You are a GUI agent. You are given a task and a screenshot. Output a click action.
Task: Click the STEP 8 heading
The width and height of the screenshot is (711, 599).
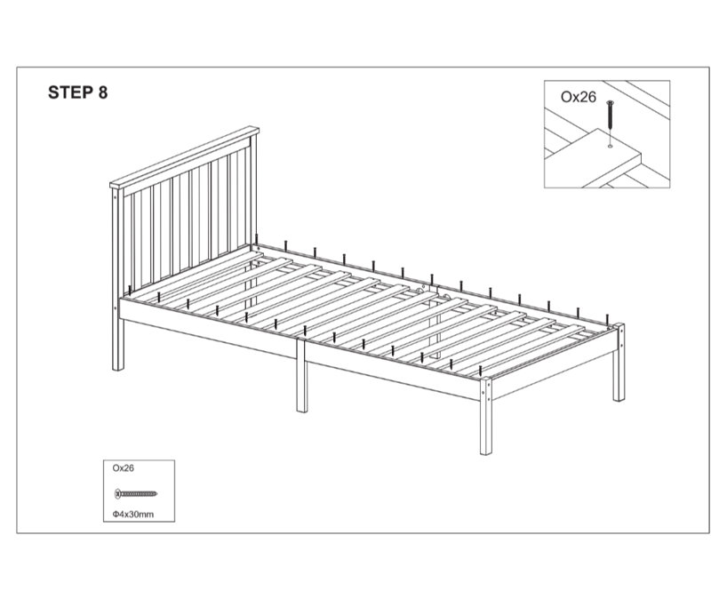pyautogui.click(x=78, y=92)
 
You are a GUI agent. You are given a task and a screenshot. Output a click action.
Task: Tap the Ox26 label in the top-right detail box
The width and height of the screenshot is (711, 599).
pyautogui.click(x=579, y=97)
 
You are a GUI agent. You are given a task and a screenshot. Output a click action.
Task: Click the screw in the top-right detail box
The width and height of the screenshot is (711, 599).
pyautogui.click(x=610, y=116)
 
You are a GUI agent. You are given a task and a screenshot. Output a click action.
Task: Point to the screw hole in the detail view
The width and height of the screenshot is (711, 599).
pyautogui.click(x=610, y=146)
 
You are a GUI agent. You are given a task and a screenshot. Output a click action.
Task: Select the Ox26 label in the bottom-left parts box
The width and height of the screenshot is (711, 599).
pyautogui.click(x=124, y=468)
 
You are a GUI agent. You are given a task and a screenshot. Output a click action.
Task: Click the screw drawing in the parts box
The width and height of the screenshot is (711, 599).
pyautogui.click(x=136, y=493)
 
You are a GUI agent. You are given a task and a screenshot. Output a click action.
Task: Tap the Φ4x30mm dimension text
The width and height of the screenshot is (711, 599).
pyautogui.click(x=133, y=515)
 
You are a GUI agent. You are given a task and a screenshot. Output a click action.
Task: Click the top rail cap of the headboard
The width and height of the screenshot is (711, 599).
pyautogui.click(x=185, y=157)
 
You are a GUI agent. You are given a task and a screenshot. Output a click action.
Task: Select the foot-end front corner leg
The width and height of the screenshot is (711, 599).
pyautogui.click(x=485, y=416)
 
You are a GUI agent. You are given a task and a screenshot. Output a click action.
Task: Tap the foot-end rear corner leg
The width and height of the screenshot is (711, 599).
pyautogui.click(x=619, y=362)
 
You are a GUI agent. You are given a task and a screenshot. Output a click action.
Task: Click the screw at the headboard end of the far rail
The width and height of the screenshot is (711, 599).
pyautogui.click(x=257, y=240)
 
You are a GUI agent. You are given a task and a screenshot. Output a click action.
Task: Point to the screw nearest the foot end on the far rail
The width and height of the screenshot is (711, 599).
pyautogui.click(x=607, y=319)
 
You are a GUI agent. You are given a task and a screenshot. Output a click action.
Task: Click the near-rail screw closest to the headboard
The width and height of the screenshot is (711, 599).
pyautogui.click(x=130, y=291)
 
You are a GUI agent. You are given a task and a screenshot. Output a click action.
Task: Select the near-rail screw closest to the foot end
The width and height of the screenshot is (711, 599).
pyautogui.click(x=481, y=371)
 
